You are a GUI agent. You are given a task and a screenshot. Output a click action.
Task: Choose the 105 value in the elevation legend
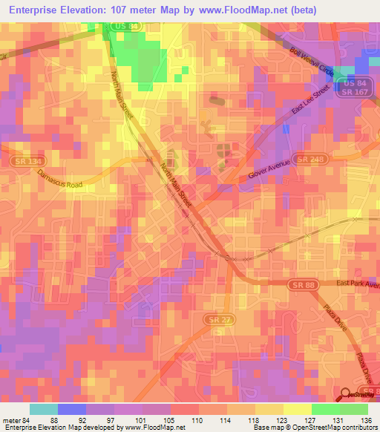(170, 420)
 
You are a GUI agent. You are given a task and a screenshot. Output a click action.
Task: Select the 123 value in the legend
(283, 420)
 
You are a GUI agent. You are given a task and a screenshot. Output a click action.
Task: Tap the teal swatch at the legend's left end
(44, 409)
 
